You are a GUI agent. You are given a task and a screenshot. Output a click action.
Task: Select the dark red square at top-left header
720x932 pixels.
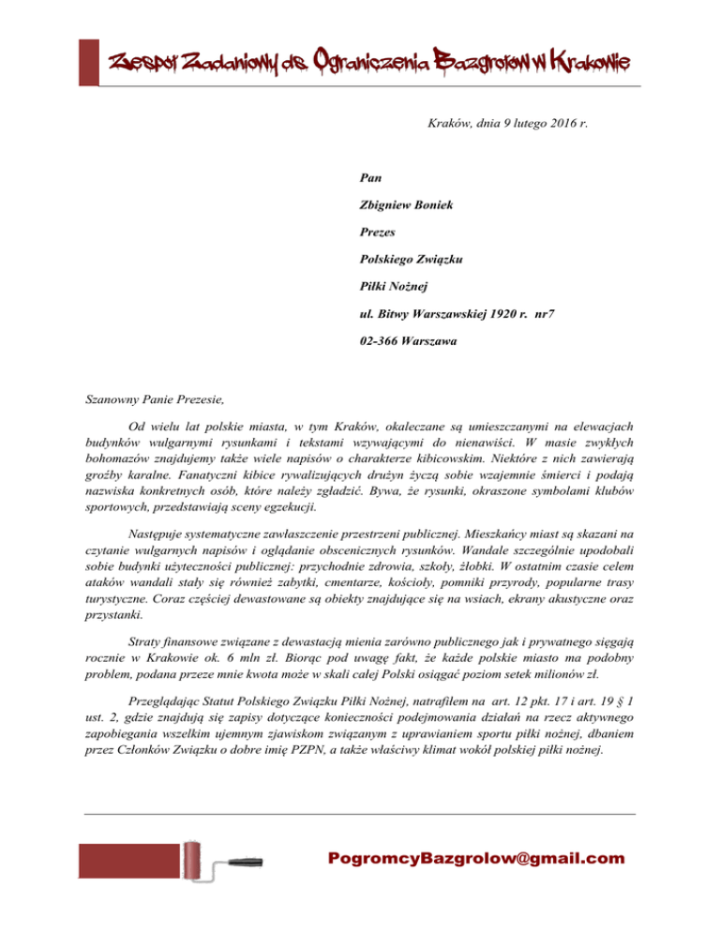(88, 61)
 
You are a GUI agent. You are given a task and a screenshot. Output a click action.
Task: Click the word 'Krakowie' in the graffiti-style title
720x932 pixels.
(590, 64)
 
